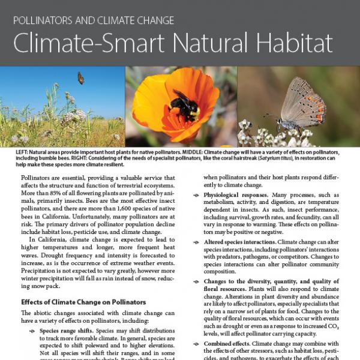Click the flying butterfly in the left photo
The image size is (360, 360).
pyautogui.click(x=80, y=78)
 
